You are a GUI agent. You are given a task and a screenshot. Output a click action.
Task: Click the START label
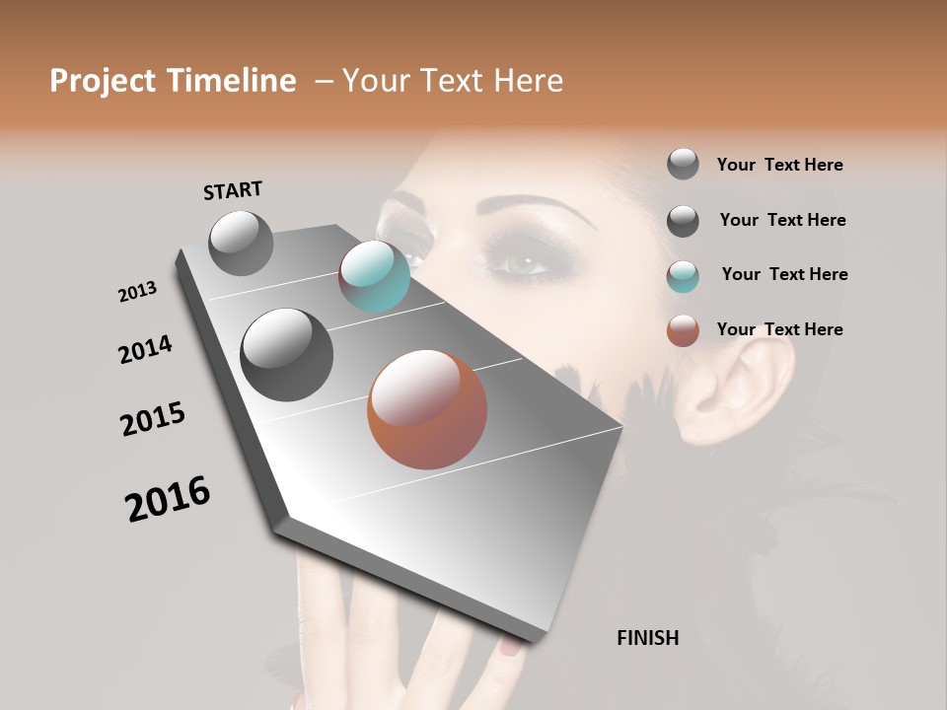[233, 190]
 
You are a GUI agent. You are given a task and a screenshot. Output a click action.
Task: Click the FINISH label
[647, 638]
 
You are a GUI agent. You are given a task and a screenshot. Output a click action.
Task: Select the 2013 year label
[137, 292]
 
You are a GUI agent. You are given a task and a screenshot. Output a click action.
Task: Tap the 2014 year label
[145, 349]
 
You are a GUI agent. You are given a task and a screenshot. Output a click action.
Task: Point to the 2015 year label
[153, 419]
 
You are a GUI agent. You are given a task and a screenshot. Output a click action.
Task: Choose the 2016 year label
[168, 499]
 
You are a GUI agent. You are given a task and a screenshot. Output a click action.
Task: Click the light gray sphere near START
[241, 244]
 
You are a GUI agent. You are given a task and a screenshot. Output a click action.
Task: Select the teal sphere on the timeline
[374, 276]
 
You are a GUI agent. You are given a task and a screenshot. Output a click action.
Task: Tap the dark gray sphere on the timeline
[286, 354]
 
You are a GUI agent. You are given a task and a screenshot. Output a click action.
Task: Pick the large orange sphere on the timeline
[427, 409]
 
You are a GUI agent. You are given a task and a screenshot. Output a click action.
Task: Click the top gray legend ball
[683, 164]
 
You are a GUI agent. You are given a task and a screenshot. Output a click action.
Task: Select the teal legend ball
[683, 275]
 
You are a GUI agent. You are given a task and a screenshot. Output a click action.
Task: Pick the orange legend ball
[683, 330]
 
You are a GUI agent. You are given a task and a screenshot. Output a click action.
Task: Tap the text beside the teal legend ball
[784, 274]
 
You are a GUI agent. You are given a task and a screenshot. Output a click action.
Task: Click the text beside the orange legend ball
[779, 329]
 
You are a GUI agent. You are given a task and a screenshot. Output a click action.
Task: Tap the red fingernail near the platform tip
[509, 646]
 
